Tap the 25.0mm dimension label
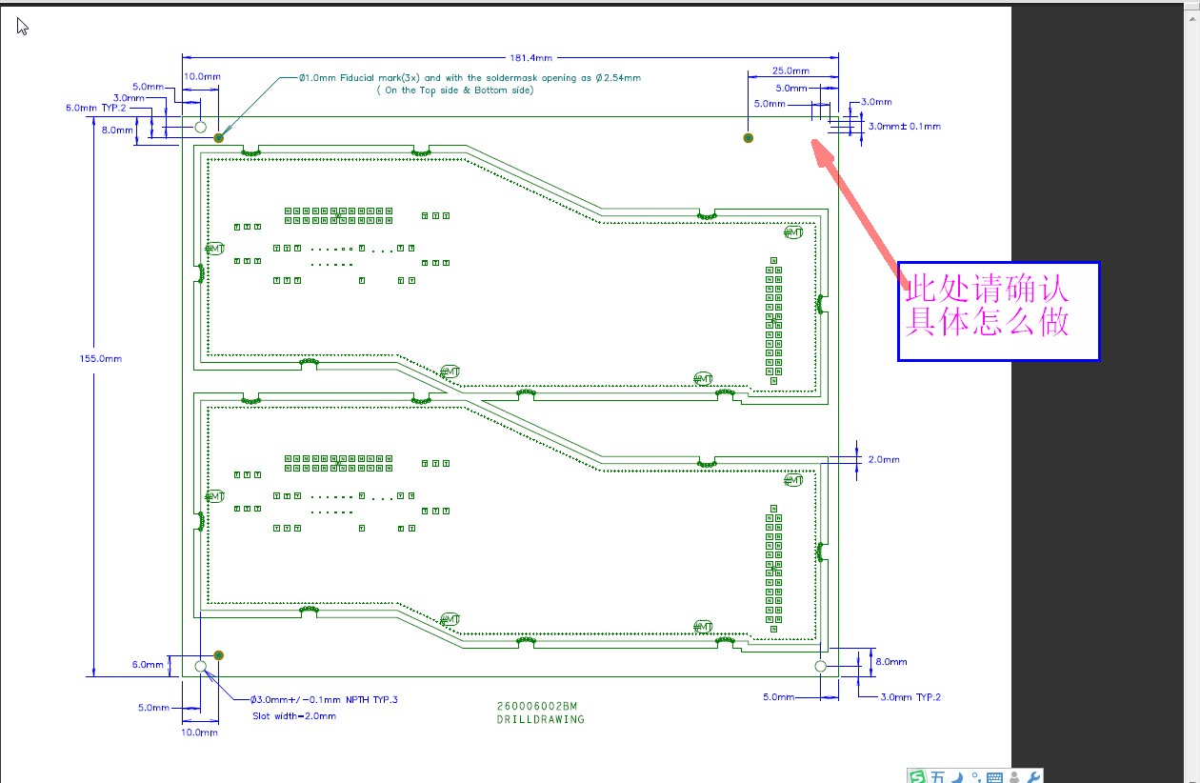[790, 71]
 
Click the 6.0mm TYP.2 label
[95, 109]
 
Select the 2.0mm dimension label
[883, 459]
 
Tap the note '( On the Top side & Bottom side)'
[454, 90]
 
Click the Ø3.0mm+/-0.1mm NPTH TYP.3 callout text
[324, 700]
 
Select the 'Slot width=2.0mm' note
[294, 715]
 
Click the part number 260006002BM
[537, 706]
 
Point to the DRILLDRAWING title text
[540, 719]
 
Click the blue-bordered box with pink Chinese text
[998, 311]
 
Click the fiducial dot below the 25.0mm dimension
[749, 138]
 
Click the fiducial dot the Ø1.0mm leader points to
[219, 137]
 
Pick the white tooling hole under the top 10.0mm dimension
[201, 127]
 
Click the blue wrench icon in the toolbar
[1034, 776]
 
